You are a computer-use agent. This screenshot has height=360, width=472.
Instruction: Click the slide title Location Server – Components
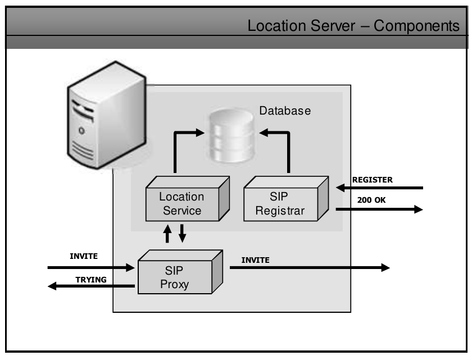coord(353,26)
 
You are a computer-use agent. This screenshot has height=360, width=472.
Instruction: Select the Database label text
coord(285,111)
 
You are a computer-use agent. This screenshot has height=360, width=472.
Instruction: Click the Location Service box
coord(181,203)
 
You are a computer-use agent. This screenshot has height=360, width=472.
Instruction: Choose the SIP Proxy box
coord(175,276)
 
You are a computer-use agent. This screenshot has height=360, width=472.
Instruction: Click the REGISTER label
coord(373,180)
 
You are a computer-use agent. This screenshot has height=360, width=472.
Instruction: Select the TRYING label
coord(91,279)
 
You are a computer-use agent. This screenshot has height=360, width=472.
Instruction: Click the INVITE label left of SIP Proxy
coord(84,256)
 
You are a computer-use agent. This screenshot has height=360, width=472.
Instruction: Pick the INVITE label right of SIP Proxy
coord(256,260)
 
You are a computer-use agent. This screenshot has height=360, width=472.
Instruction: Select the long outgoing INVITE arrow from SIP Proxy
coord(310,268)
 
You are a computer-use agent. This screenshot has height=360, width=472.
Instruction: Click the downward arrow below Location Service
coord(182,234)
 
